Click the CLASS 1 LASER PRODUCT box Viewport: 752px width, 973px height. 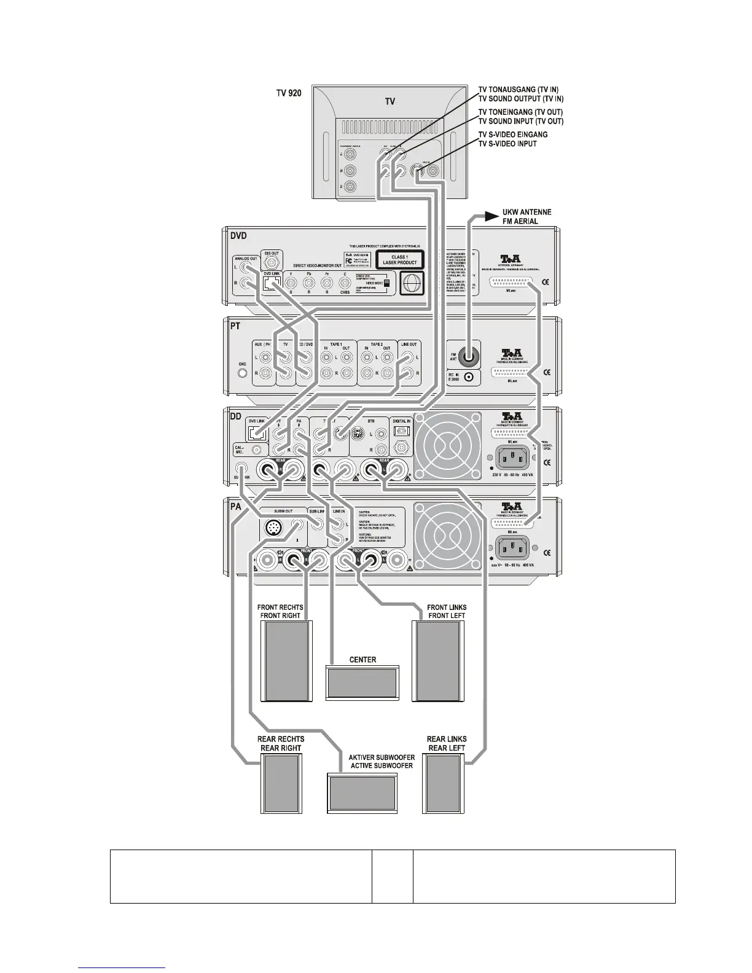coord(400,260)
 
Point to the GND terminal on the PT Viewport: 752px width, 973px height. coord(242,372)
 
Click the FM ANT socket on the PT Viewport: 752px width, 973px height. coord(470,355)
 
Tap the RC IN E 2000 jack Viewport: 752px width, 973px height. coord(470,378)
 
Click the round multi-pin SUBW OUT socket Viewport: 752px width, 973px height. coord(272,527)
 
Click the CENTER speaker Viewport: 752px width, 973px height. coord(362,682)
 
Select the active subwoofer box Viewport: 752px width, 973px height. coord(362,793)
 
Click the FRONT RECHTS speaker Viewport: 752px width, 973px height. coord(286,660)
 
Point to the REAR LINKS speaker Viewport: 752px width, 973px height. coord(444,784)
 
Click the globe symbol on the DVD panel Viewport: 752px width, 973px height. coord(412,285)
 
